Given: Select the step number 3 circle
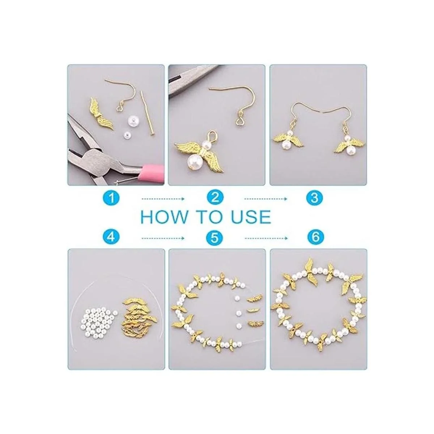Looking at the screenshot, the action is click(314, 198).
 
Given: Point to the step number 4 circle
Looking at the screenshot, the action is click(111, 237).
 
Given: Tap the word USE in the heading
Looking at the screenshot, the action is click(250, 217).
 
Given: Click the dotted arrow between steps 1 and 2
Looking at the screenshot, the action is click(163, 199).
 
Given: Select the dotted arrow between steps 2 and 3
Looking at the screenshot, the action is click(266, 199).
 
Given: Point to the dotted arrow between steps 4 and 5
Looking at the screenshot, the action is click(163, 238).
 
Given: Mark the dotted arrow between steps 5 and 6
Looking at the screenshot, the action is click(267, 238).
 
